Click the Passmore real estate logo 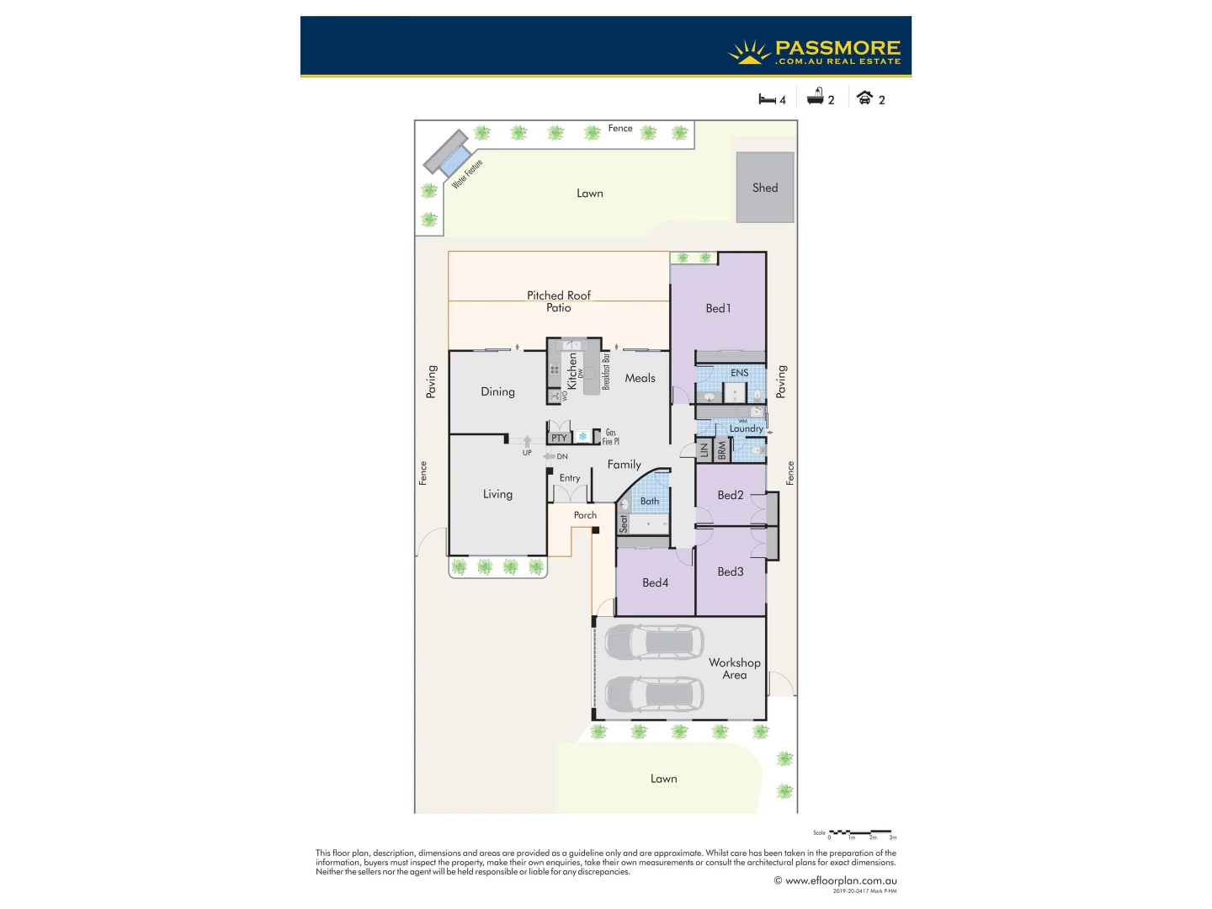815,52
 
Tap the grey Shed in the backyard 765,188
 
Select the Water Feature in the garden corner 447,153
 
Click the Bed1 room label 718,308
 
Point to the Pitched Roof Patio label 559,301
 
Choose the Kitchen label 572,370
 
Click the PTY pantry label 559,438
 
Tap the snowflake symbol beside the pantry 582,437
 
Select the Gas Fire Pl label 610,437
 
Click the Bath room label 650,501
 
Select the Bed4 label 655,582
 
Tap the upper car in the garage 653,641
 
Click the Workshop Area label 734,668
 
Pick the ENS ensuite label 739,373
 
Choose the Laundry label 746,428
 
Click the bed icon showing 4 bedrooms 767,99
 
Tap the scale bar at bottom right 860,832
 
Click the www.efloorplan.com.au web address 840,880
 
